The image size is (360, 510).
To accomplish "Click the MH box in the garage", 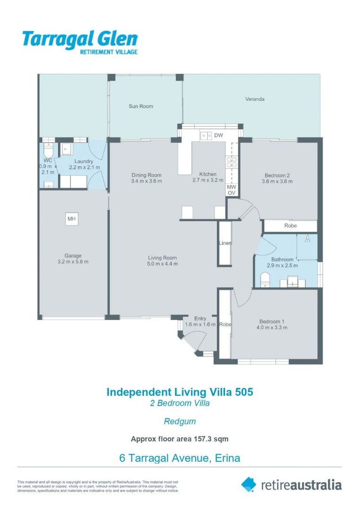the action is [71, 219].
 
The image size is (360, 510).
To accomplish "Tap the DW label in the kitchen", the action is [218, 136].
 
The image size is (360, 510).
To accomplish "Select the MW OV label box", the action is [232, 190].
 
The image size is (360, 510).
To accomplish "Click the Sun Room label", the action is [141, 106].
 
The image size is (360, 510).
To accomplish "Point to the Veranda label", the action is [255, 99].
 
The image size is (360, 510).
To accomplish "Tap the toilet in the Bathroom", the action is [265, 280].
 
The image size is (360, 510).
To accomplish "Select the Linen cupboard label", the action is [225, 243].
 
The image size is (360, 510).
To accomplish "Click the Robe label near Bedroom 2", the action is [291, 225].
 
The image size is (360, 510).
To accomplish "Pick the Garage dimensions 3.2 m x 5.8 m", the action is [73, 262].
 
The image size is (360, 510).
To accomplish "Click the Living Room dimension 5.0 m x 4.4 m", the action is [162, 264].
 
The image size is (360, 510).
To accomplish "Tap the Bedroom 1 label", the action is [272, 322].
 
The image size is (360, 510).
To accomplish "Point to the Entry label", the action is [200, 318].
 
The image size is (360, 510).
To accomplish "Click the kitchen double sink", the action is [206, 136].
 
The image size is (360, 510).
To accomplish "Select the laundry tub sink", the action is [67, 149].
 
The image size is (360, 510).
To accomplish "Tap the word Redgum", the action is [180, 422].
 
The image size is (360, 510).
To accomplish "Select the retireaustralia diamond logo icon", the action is [249, 484].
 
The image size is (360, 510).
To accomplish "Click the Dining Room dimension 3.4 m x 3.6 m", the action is [146, 181].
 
